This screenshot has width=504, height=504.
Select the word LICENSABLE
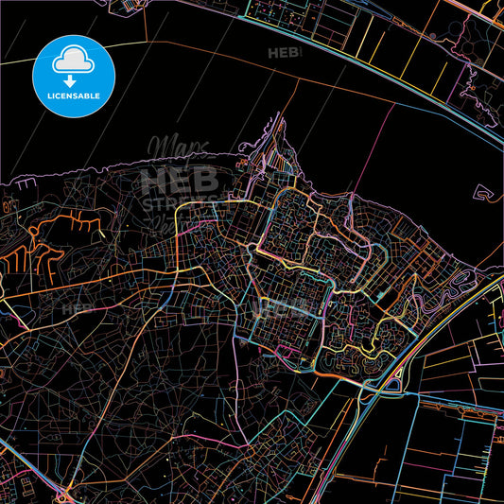74,97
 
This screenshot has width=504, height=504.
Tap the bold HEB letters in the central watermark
180,180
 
